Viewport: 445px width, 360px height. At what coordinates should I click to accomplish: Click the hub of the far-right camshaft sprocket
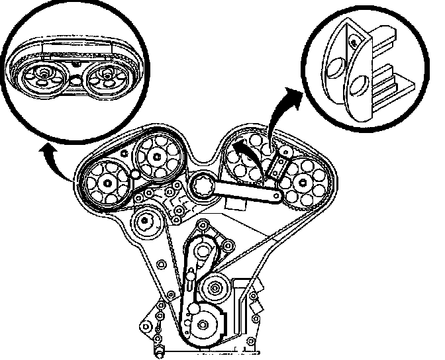(x=303, y=182)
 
